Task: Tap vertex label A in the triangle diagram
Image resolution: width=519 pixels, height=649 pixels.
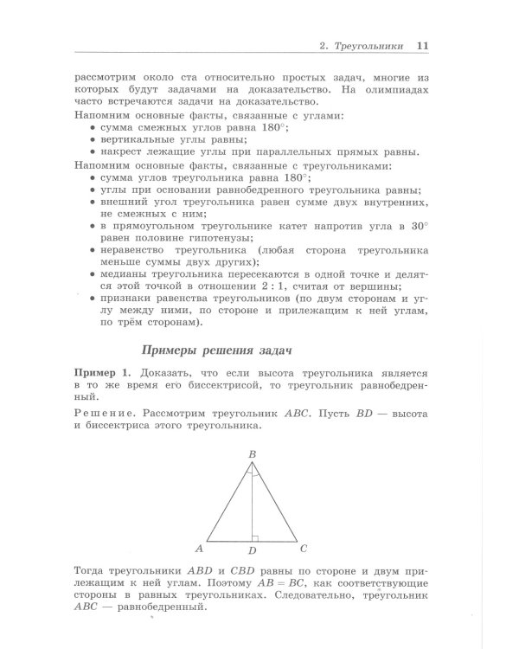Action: [x=199, y=548]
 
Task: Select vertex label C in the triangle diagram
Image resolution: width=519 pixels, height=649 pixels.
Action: [x=304, y=548]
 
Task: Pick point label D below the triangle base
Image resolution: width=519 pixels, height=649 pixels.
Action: [x=252, y=550]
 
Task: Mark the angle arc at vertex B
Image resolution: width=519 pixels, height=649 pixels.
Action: [x=252, y=473]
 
